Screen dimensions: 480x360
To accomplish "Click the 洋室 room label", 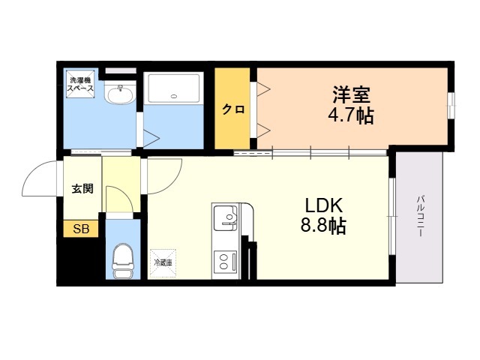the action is coord(352,95).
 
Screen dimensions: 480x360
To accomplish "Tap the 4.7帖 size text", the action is coord(351,115).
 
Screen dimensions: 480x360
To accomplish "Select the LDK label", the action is coord(323,205).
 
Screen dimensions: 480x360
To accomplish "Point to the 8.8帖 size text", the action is coord(323,226).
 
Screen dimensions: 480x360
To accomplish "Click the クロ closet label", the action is coord(233,109).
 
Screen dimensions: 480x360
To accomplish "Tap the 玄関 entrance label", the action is coord(82,188).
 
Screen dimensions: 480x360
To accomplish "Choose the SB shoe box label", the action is coord(81,229).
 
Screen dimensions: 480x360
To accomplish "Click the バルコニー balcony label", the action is coord(420,216).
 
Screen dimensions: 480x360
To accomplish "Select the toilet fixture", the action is coord(123,261).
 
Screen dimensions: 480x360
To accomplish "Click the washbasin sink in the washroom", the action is coord(119,92).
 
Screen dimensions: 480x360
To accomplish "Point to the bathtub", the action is coord(174,88).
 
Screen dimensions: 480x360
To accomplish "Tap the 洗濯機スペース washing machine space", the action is coord(80,84).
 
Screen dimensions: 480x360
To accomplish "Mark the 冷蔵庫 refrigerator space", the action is coord(163,263).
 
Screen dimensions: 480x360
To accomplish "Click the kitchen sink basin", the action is coord(225,218).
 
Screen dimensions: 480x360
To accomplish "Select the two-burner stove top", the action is coord(225,261).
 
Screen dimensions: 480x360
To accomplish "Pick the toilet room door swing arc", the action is coord(125,193).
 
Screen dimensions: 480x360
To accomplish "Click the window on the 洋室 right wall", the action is coord(451,105).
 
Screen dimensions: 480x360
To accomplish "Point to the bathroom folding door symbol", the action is coord(151,138).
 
